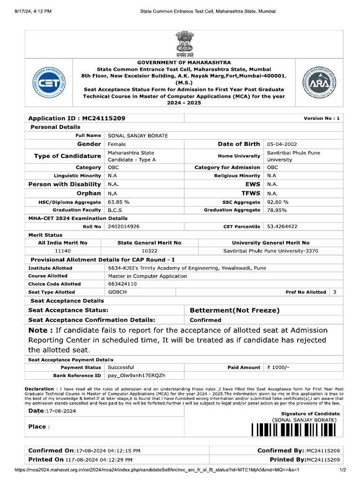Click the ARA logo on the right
pyautogui.click(x=318, y=82)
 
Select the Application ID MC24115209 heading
pyautogui.click(x=77, y=118)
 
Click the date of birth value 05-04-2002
pyautogui.click(x=282, y=144)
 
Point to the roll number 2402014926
pyautogui.click(x=123, y=226)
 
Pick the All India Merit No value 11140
pyautogui.click(x=62, y=251)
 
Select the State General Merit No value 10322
pyautogui.click(x=149, y=251)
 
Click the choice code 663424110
pyautogui.click(x=122, y=284)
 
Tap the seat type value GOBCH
pyautogui.click(x=117, y=292)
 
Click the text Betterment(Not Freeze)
pyautogui.click(x=234, y=310)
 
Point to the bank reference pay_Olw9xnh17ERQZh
pyautogui.click(x=136, y=375)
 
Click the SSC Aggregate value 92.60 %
pyautogui.click(x=277, y=202)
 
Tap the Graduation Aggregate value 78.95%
pyautogui.click(x=277, y=210)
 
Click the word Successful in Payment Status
pyautogui.click(x=121, y=367)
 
